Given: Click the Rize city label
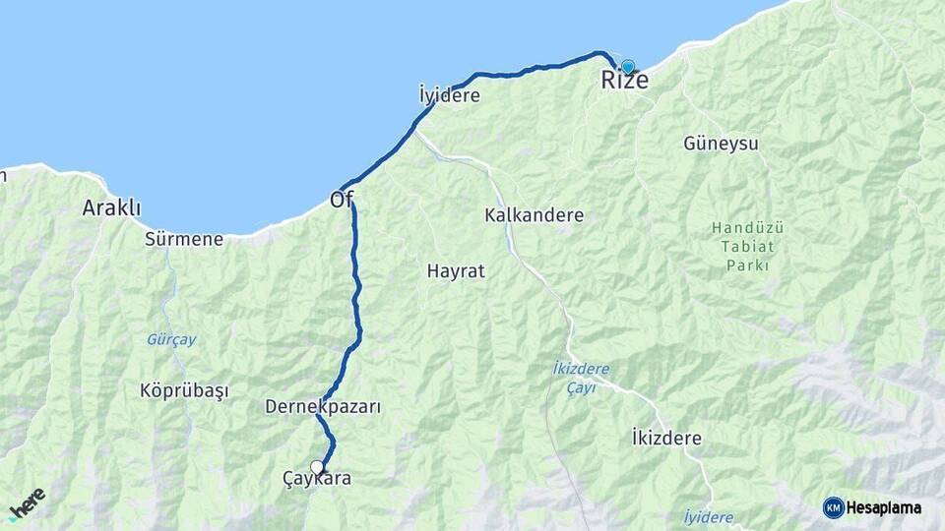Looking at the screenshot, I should tap(625, 81).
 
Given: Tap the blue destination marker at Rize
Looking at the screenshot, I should tap(627, 66).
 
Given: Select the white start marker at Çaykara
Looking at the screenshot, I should tap(317, 467).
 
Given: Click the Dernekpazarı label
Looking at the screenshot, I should tap(323, 406).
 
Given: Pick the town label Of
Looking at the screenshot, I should tap(342, 200).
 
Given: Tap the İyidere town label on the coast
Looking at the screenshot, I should tap(449, 96).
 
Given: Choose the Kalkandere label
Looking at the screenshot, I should tap(535, 215).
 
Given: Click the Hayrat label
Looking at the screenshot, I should tap(456, 270).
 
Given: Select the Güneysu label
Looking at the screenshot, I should tap(721, 144).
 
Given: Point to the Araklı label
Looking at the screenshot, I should tap(111, 208).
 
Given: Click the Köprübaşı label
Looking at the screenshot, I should tap(184, 390).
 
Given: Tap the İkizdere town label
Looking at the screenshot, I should tap(666, 439).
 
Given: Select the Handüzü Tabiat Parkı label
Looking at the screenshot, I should tap(747, 247).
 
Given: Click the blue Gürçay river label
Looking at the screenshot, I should tap(171, 339).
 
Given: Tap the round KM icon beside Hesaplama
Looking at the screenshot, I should tap(833, 507).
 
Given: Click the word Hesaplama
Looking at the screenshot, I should tap(884, 507).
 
